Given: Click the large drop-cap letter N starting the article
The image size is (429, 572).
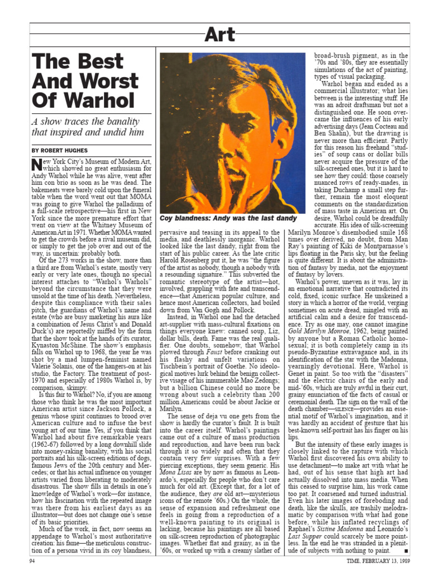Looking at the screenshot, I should (x=36, y=164).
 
